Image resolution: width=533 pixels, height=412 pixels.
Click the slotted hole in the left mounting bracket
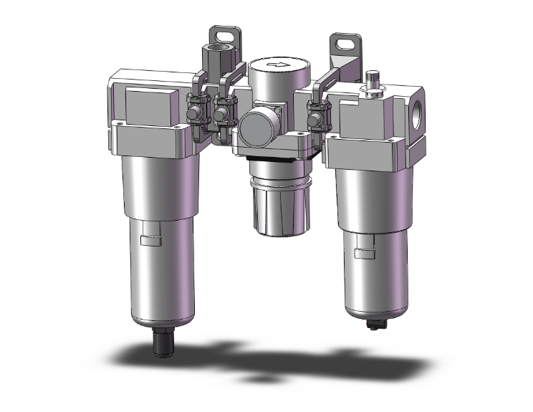pos(218,34)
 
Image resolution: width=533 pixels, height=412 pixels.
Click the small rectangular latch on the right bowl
pos(365,251)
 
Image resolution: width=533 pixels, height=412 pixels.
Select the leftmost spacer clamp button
pos(193,113)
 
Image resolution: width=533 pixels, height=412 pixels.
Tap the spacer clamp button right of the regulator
pos(314,113)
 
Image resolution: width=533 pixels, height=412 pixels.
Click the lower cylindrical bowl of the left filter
pos(163,272)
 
